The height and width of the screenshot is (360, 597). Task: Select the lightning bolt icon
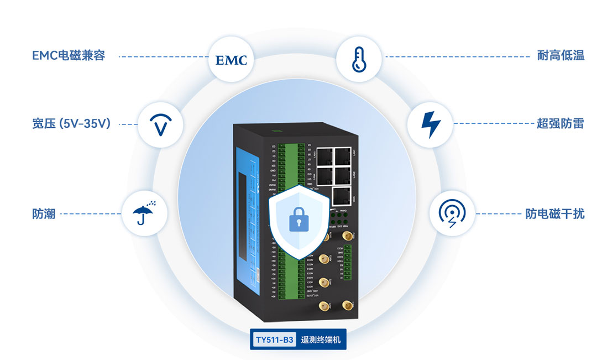point(429,124)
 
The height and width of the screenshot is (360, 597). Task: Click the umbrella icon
point(144,213)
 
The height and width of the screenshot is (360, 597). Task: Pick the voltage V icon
point(160,124)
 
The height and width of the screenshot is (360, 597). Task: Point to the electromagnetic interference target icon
point(452,213)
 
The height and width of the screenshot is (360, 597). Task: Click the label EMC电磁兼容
point(69,56)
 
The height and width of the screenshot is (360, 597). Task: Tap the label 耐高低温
point(561,56)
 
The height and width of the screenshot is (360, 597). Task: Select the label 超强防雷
point(561,123)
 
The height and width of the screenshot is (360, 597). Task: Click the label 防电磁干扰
point(554,213)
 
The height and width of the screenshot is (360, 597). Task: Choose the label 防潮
point(44,213)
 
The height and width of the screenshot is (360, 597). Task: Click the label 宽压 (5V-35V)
point(72,124)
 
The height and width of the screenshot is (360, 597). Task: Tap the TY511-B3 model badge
point(274,340)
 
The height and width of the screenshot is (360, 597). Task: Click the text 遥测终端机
point(320,340)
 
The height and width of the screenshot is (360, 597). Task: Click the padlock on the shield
point(298,220)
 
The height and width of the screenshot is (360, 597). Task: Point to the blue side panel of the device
point(246,221)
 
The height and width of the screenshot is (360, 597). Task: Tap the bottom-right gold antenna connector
point(348,305)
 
